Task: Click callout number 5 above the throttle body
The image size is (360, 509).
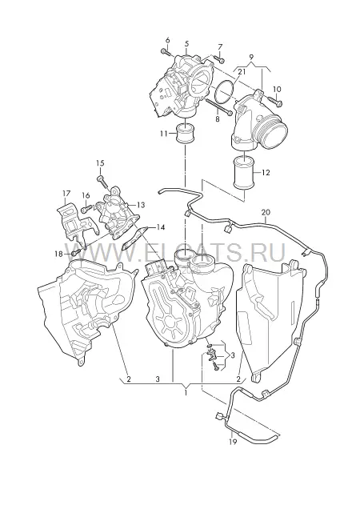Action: [x=186, y=43]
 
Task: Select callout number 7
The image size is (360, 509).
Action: [x=220, y=46]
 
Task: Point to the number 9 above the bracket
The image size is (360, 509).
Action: [x=251, y=57]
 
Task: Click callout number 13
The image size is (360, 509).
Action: [x=141, y=205]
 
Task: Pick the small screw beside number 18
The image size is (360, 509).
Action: [x=76, y=253]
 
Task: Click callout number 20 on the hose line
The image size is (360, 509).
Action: [x=266, y=213]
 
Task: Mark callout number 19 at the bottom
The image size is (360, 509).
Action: [x=233, y=442]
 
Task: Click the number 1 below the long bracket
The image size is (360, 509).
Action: [x=186, y=393]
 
